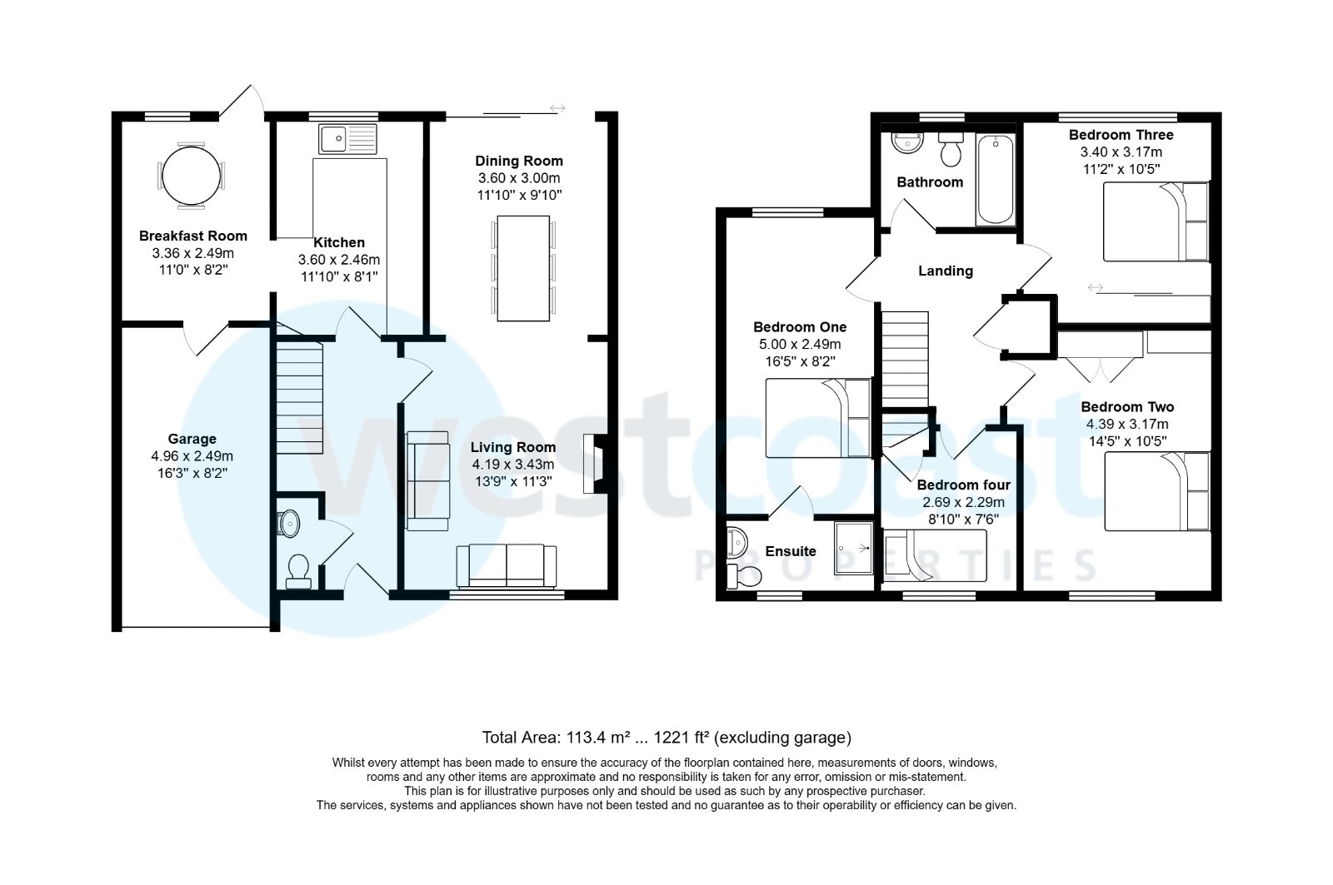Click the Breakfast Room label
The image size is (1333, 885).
point(192,236)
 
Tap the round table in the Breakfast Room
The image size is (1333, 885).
point(192,176)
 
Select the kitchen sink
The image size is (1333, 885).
point(347,139)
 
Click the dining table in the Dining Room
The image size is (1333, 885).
point(523,268)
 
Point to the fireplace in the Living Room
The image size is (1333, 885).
point(597,463)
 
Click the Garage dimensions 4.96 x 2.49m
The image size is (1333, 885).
point(192,456)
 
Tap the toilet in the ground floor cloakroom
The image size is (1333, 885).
point(297,569)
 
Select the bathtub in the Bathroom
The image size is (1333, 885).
point(996,179)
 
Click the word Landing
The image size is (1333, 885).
point(945,271)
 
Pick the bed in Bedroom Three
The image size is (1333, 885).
point(1155,221)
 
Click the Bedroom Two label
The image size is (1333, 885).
point(1127,407)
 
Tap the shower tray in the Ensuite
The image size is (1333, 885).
point(853,548)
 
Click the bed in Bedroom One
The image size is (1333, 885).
point(817,418)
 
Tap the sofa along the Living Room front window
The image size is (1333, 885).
point(507,566)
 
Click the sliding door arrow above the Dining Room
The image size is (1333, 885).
point(557,108)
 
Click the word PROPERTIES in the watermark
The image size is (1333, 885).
point(895,566)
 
